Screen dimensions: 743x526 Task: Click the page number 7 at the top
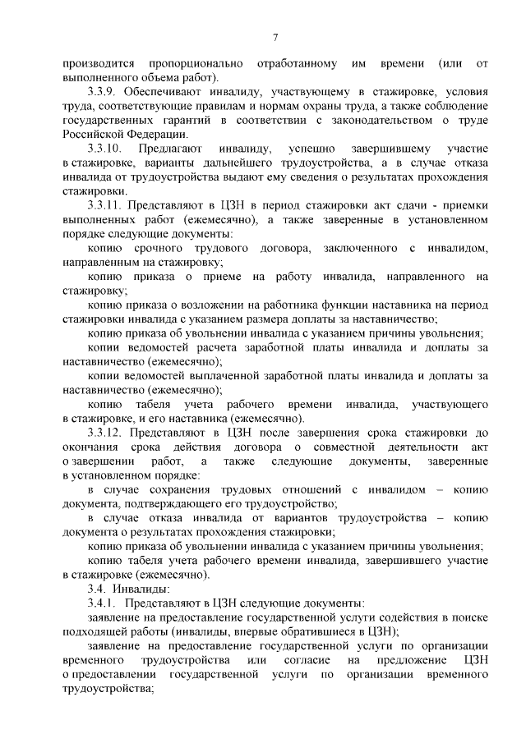point(275,37)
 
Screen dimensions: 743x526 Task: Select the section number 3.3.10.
point(106,149)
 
